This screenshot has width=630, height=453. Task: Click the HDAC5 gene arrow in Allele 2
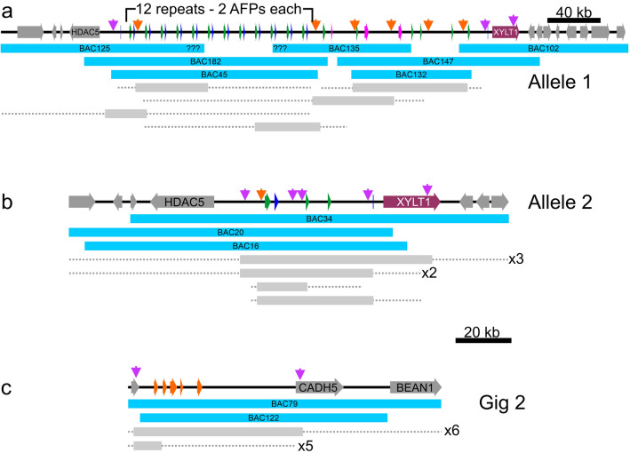coord(183,203)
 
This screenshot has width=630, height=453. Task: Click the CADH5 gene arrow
coord(318,387)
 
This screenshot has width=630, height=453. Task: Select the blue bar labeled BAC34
coord(319,218)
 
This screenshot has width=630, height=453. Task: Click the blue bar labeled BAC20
coord(230,232)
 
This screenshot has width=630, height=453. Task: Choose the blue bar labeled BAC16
coord(245,245)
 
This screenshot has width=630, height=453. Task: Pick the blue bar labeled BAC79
coord(284,403)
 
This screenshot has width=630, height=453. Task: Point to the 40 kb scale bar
coord(574,20)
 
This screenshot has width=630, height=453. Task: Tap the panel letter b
coord(7,202)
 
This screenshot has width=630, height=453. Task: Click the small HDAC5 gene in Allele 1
coord(85,32)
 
